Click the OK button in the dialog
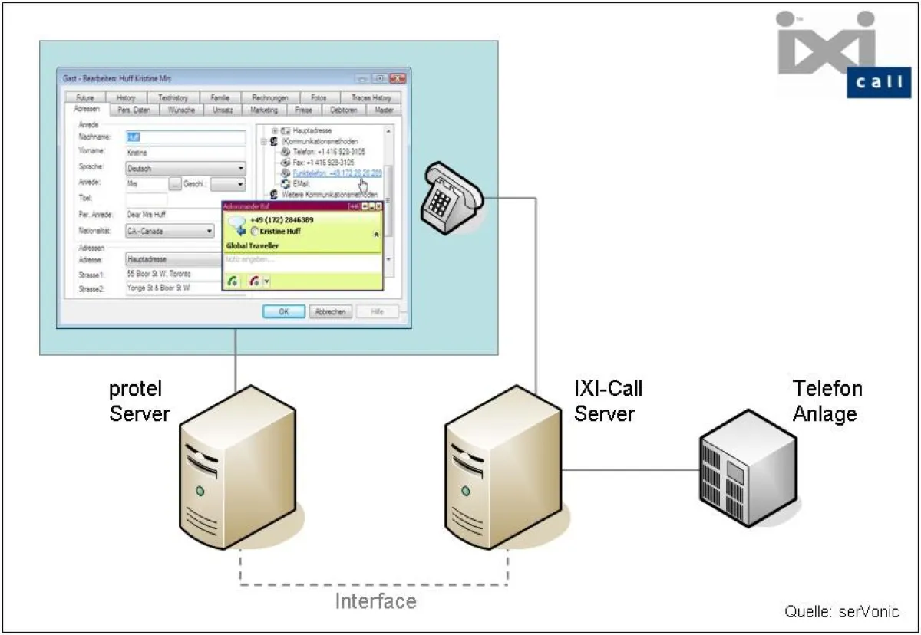[x=284, y=311]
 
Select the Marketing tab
[x=264, y=110]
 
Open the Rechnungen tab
[x=269, y=98]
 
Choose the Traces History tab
[x=371, y=98]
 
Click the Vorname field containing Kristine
[x=185, y=153]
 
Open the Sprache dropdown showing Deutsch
[x=185, y=168]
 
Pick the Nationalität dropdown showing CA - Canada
[x=170, y=230]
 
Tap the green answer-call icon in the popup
[x=233, y=281]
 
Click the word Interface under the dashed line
[x=375, y=600]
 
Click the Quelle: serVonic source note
[x=840, y=611]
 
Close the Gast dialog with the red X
[x=397, y=78]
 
